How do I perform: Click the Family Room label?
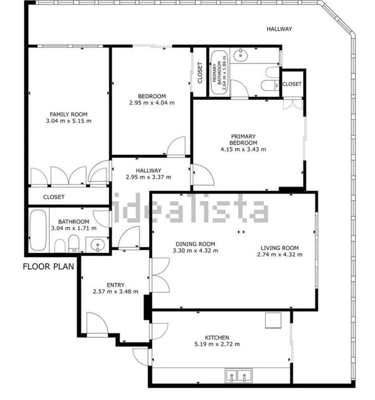click(69, 114)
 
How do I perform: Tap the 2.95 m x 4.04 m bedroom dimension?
click(152, 103)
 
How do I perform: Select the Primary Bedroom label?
click(243, 140)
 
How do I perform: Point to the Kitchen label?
click(217, 338)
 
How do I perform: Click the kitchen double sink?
click(238, 376)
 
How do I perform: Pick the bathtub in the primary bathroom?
click(219, 72)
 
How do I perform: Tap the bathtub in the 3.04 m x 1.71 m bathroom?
click(38, 230)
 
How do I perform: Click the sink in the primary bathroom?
click(241, 54)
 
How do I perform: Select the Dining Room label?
click(196, 244)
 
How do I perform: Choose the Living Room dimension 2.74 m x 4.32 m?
click(280, 254)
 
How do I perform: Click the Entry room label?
click(116, 285)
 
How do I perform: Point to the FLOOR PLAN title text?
click(48, 267)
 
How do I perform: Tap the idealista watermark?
click(190, 208)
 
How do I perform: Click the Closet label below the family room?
click(54, 197)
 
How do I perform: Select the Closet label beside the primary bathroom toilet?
click(292, 84)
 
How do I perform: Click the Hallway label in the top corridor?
click(279, 29)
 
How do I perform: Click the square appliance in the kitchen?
click(273, 320)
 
